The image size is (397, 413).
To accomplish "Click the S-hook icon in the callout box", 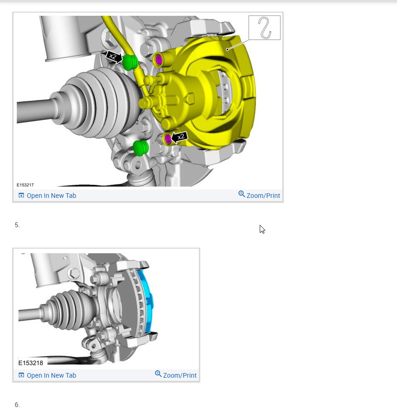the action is coord(264,28).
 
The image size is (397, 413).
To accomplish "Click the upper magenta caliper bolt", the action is coord(159,60).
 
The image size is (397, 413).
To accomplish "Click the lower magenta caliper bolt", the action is coord(168,138).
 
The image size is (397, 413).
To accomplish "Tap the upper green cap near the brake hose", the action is coord(130,62).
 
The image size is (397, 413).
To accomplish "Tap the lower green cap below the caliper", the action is coord(141,148).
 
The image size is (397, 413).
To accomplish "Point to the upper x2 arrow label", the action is coord(114,56).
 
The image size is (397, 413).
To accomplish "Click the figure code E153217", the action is coord(25,185).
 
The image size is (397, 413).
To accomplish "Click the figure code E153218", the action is coord(31,363).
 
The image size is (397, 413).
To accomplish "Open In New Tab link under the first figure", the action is coord(47,196).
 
